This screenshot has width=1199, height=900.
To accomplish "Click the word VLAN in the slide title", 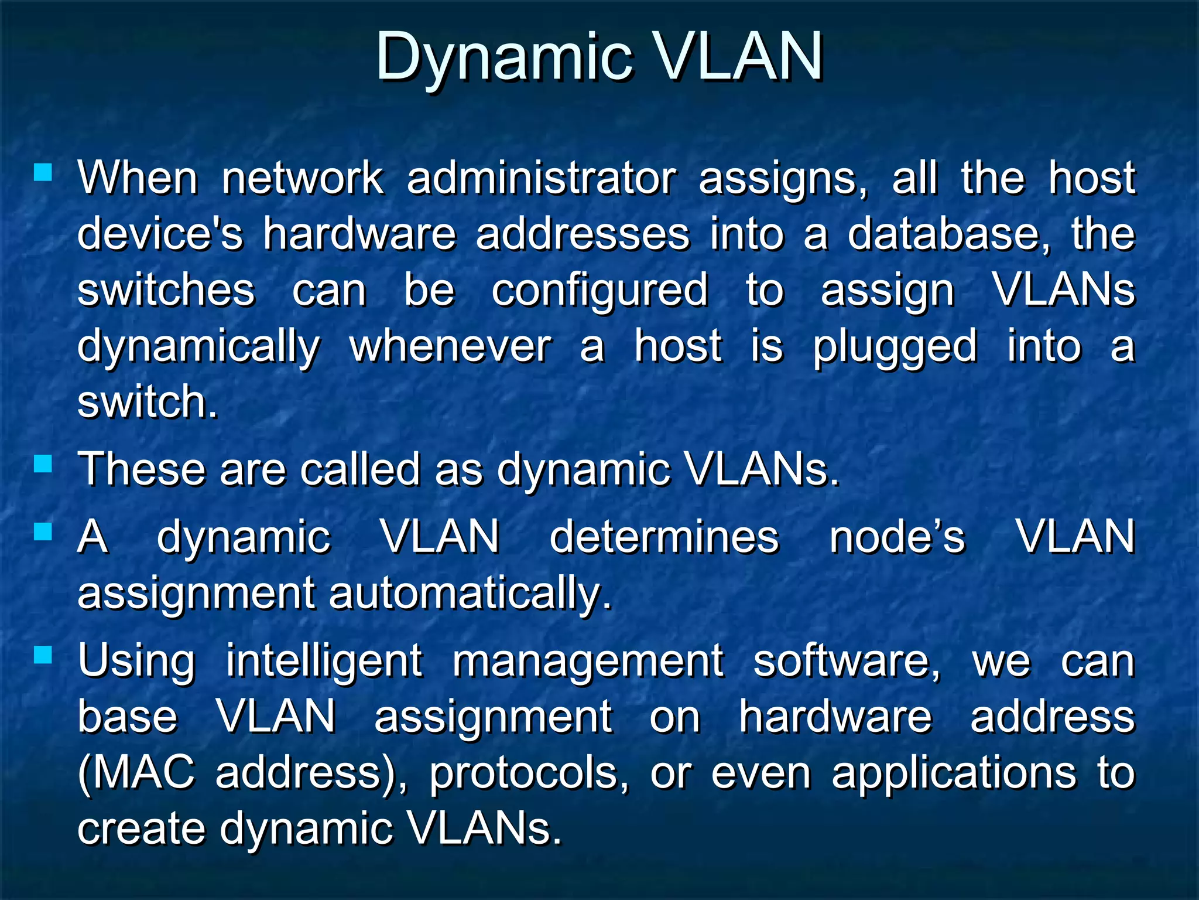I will pyautogui.click(x=739, y=57).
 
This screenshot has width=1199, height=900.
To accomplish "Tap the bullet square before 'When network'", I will pyautogui.click(x=43, y=172).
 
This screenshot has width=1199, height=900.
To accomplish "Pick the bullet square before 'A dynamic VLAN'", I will pyautogui.click(x=43, y=532).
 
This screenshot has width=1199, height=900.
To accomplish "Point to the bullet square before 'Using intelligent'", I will pyautogui.click(x=43, y=654).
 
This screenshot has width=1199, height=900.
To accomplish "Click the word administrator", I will pyautogui.click(x=542, y=178).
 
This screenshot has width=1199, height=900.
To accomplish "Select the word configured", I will pyautogui.click(x=599, y=291).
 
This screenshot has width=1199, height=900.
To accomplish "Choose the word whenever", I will pyautogui.click(x=451, y=347).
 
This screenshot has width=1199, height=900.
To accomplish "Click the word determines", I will pyautogui.click(x=664, y=537).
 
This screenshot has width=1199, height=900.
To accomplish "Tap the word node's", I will pyautogui.click(x=896, y=537).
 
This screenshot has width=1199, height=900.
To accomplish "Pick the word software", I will pyautogui.click(x=846, y=661).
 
